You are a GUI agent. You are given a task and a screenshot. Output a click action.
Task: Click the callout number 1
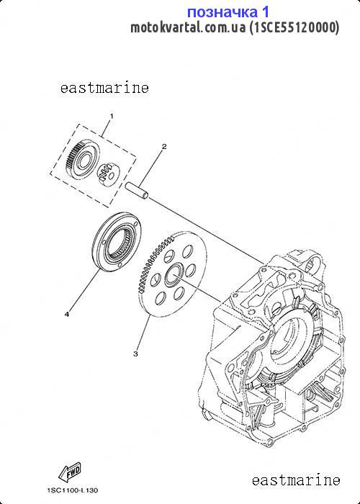[112, 116]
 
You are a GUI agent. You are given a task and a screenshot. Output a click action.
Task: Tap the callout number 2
[164, 147]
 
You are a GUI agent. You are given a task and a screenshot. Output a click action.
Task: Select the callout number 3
[135, 354]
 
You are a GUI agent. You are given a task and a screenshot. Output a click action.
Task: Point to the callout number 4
[67, 315]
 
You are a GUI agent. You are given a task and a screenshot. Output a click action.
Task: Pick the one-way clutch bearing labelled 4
[117, 243]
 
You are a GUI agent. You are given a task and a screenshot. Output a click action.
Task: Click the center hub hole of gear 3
[174, 276]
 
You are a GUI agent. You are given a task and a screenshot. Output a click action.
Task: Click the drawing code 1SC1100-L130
[73, 490]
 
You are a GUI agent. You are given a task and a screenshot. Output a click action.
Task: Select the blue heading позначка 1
[228, 12]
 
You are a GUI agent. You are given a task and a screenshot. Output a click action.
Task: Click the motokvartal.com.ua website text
[188, 27]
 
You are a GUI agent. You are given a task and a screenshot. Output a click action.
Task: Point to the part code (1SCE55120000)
[294, 27]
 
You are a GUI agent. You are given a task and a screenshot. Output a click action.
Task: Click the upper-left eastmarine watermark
[104, 87]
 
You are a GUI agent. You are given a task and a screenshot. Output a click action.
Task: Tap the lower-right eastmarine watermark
[296, 480]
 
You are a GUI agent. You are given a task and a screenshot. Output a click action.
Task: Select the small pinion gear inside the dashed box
[108, 174]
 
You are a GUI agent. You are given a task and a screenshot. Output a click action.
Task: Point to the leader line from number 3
[144, 333]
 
